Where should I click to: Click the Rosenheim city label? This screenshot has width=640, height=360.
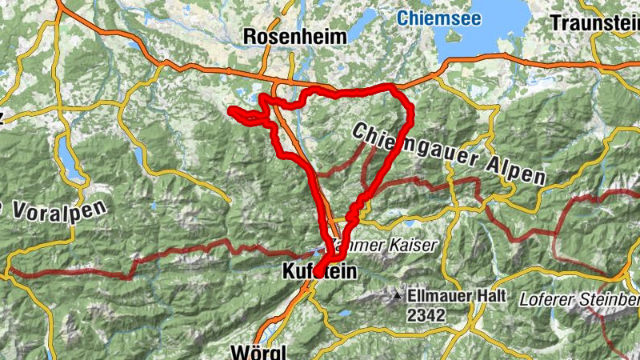(295, 37)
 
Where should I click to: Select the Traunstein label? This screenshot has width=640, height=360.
(595, 22)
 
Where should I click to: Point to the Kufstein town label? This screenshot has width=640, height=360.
(319, 273)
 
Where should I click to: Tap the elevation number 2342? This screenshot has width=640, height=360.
(426, 315)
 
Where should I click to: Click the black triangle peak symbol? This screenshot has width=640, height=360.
(398, 296)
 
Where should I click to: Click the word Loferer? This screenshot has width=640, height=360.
(545, 300)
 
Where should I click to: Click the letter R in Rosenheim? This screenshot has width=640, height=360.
(249, 37)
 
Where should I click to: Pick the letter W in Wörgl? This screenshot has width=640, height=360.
(237, 351)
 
